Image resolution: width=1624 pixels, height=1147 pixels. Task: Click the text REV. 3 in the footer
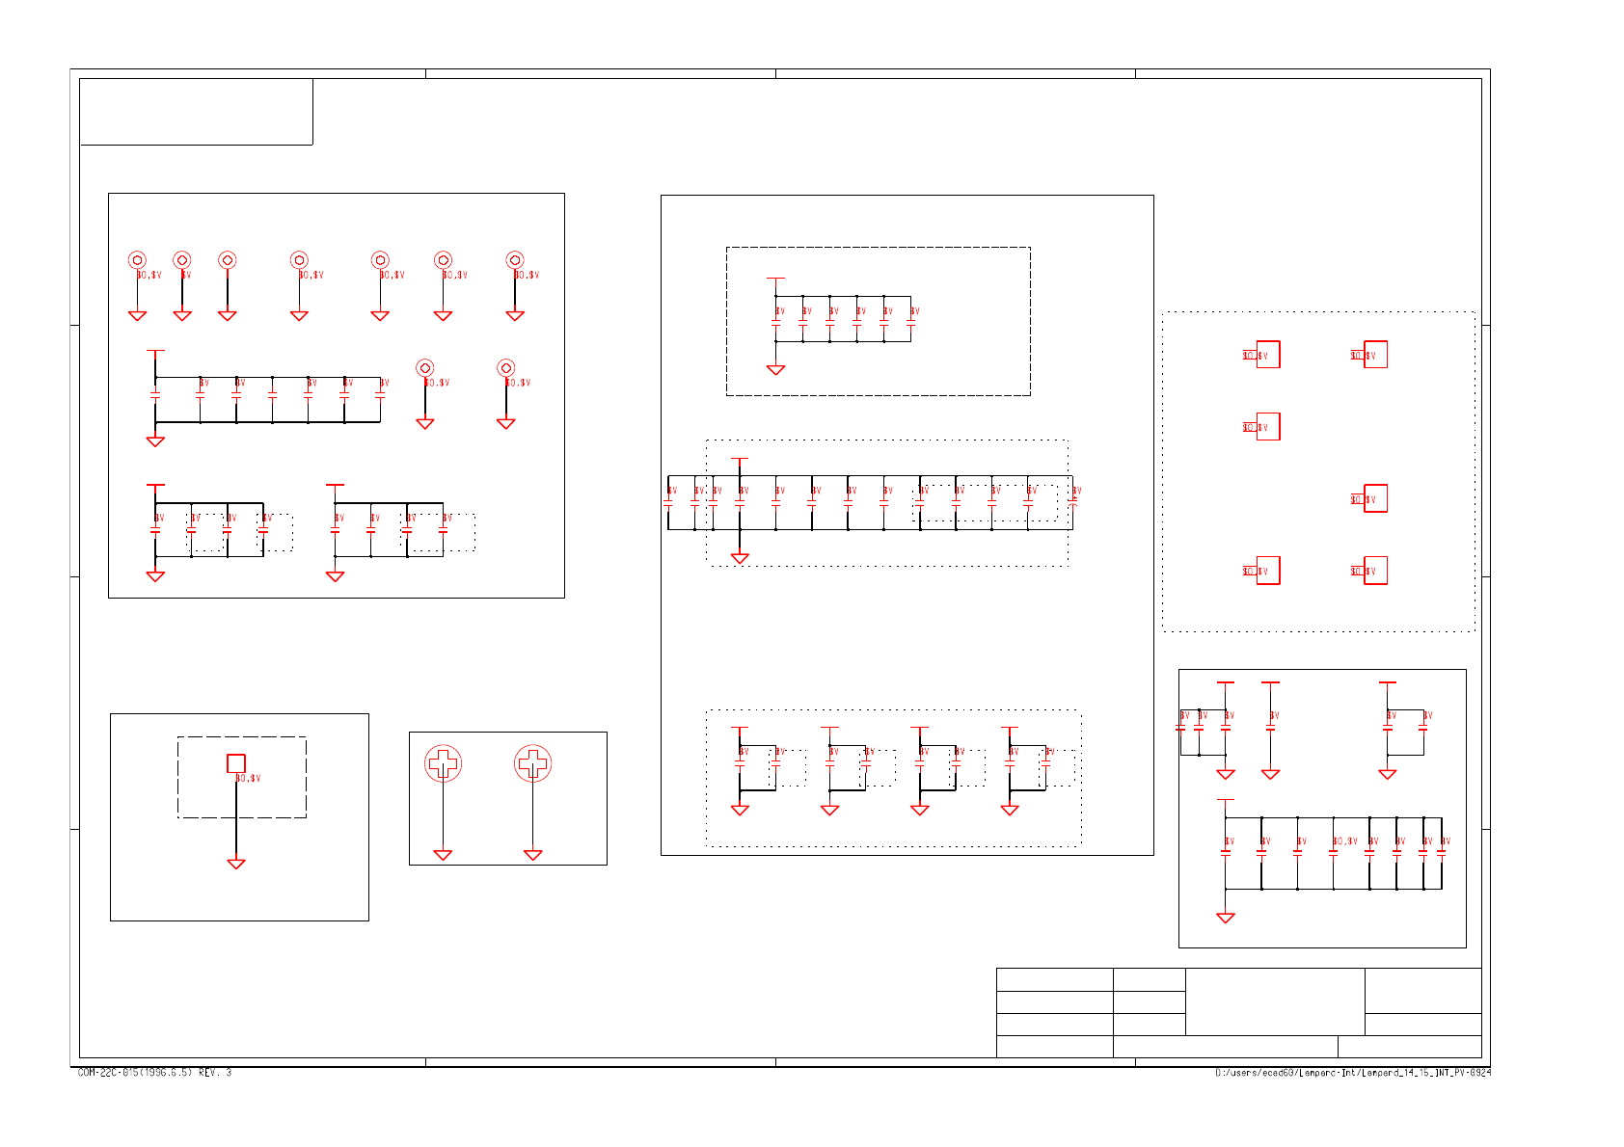pyautogui.click(x=215, y=1073)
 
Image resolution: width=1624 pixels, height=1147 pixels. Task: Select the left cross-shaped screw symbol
pyautogui.click(x=443, y=764)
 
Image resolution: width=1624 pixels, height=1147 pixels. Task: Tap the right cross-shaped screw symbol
pyautogui.click(x=532, y=764)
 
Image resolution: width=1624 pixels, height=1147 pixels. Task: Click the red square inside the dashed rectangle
pyautogui.click(x=236, y=763)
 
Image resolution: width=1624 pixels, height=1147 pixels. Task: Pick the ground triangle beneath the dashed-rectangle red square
pyautogui.click(x=236, y=864)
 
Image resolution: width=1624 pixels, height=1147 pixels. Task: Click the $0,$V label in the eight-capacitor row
pyautogui.click(x=1344, y=841)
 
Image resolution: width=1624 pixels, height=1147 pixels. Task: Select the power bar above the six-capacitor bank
pyautogui.click(x=775, y=279)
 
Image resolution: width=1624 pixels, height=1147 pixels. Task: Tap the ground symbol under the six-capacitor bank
pyautogui.click(x=775, y=369)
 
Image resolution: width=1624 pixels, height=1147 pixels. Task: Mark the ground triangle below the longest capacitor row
pyautogui.click(x=740, y=558)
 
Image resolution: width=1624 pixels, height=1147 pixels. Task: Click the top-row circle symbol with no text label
pyautogui.click(x=228, y=260)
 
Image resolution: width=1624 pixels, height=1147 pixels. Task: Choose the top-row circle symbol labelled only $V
pyautogui.click(x=182, y=260)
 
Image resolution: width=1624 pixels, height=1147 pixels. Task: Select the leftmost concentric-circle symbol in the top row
pyautogui.click(x=137, y=260)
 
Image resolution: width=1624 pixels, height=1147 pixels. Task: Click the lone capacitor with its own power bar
pyautogui.click(x=1270, y=728)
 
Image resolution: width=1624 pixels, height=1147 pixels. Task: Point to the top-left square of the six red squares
pyautogui.click(x=1267, y=355)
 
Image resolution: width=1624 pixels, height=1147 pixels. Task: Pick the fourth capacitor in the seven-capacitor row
pyautogui.click(x=272, y=396)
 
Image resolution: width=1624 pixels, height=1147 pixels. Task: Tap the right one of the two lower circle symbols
pyautogui.click(x=505, y=368)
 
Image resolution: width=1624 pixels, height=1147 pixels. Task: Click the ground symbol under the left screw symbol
pyautogui.click(x=443, y=855)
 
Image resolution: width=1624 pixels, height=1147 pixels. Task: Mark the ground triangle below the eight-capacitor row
pyautogui.click(x=1226, y=918)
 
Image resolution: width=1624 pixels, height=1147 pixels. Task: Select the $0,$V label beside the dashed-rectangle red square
pyautogui.click(x=249, y=778)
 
